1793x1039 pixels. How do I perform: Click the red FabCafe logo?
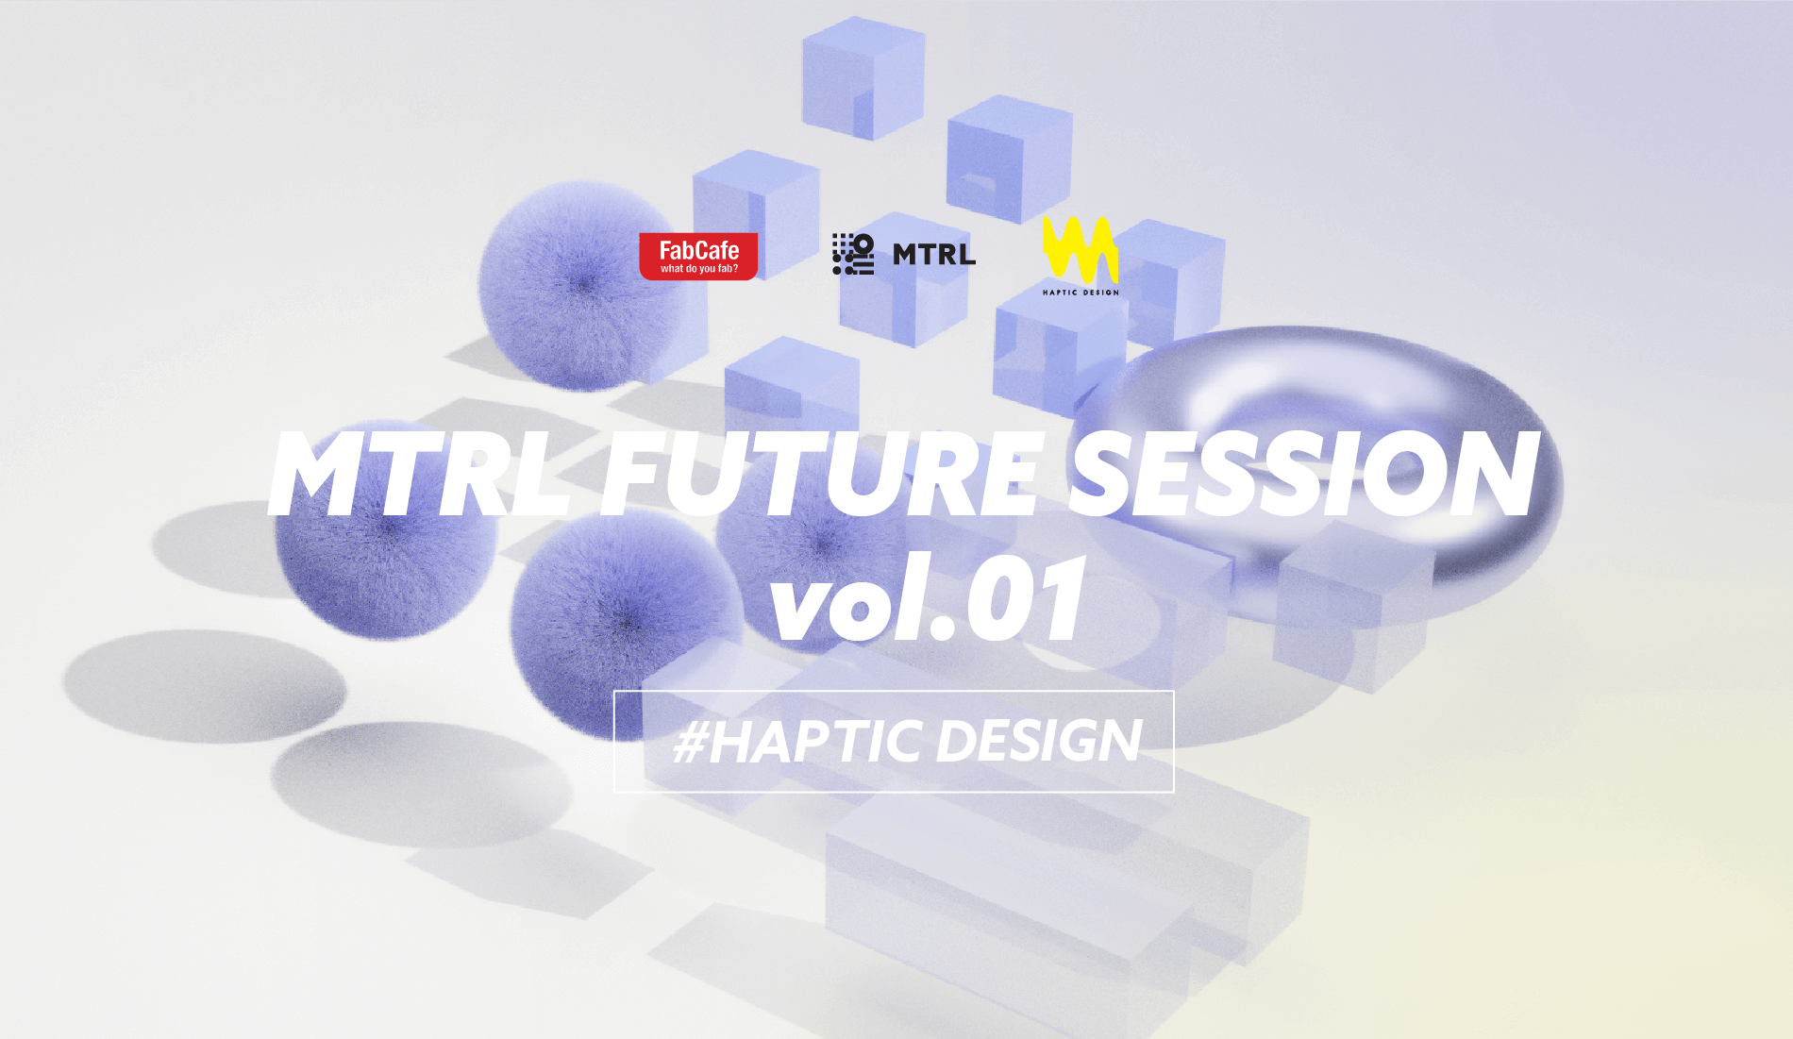[698, 256]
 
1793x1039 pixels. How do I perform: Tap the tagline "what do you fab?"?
[699, 269]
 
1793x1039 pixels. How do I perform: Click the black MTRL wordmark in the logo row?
[934, 255]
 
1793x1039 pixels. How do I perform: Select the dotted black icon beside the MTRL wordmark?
[853, 254]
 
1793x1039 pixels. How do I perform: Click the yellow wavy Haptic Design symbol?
[1081, 250]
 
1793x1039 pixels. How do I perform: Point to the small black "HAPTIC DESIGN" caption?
[1081, 293]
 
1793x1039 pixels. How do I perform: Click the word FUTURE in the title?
[821, 474]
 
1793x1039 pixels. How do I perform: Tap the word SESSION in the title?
[1304, 474]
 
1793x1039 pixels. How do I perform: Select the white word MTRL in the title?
[421, 474]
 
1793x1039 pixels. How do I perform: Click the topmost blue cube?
[863, 77]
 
